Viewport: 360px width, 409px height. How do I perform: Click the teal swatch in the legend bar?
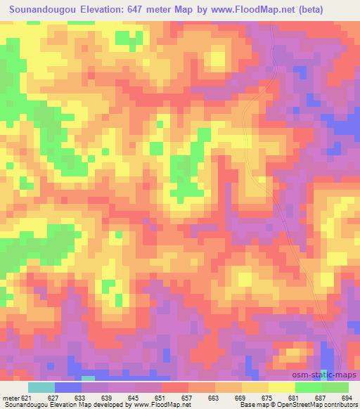[41, 387]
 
